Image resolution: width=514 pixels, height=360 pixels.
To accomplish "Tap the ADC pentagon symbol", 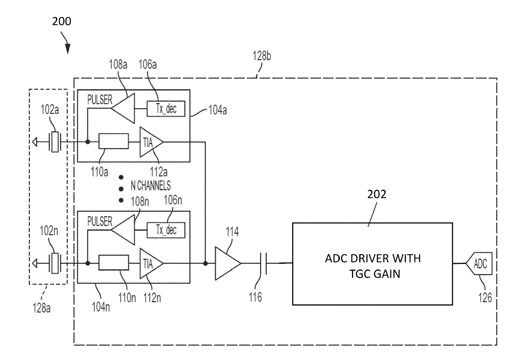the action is click(479, 263).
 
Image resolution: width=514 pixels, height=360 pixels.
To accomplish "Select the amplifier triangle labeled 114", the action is click(228, 263).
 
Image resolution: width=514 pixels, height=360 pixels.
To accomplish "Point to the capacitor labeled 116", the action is click(263, 263).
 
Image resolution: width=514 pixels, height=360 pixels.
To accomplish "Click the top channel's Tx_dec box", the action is click(166, 109).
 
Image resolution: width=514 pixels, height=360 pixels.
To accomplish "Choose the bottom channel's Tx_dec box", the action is click(166, 230).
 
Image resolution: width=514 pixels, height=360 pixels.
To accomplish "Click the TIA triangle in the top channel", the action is click(151, 142).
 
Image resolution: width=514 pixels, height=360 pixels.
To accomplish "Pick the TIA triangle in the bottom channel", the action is click(151, 263).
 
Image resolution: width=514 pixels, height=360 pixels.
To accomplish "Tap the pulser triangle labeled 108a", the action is click(123, 108).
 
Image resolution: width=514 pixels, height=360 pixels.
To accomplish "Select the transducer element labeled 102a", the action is click(55, 142).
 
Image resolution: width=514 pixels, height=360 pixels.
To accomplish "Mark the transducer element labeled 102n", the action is click(55, 263).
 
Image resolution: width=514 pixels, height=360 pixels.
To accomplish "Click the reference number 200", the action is click(61, 21).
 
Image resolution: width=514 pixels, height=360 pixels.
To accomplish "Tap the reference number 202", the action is click(377, 194).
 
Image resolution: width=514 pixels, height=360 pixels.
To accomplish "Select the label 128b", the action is click(262, 56).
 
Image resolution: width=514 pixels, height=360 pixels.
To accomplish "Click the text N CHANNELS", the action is click(151, 186).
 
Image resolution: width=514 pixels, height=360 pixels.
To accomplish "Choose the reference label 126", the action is click(485, 297).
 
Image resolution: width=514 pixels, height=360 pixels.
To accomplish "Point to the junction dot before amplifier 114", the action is click(205, 263).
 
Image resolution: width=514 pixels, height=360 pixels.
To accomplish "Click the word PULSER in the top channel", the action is click(100, 100).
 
